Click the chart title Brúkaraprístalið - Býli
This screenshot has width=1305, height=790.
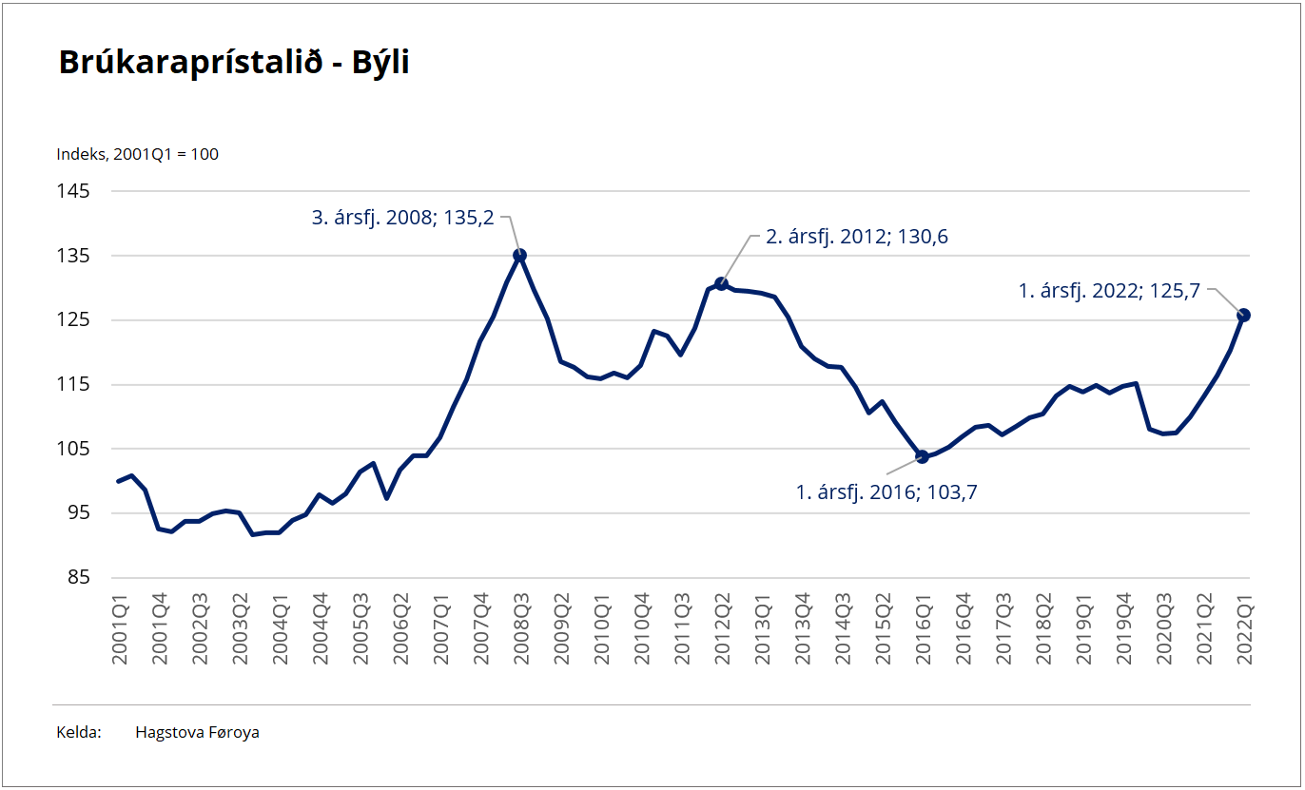234,62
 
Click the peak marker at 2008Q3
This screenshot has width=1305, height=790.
519,255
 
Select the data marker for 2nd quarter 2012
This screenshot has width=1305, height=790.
721,283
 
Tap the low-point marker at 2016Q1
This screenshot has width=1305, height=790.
922,457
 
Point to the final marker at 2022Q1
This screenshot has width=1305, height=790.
1243,315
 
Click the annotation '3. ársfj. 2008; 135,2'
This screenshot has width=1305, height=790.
403,218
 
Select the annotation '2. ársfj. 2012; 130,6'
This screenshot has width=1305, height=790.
857,238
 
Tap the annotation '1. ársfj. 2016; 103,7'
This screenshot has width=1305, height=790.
886,491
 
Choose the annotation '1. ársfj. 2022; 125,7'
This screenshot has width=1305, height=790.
1109,292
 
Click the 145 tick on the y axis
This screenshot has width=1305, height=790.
76,191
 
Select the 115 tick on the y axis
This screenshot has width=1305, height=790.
76,384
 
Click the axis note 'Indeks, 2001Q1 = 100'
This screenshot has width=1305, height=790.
138,154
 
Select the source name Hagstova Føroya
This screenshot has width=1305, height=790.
197,732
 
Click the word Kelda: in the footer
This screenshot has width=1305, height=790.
79,732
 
